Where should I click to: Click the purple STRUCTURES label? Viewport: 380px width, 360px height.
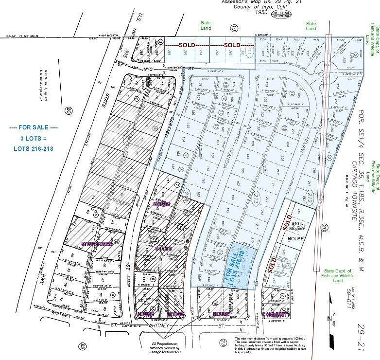97,243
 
